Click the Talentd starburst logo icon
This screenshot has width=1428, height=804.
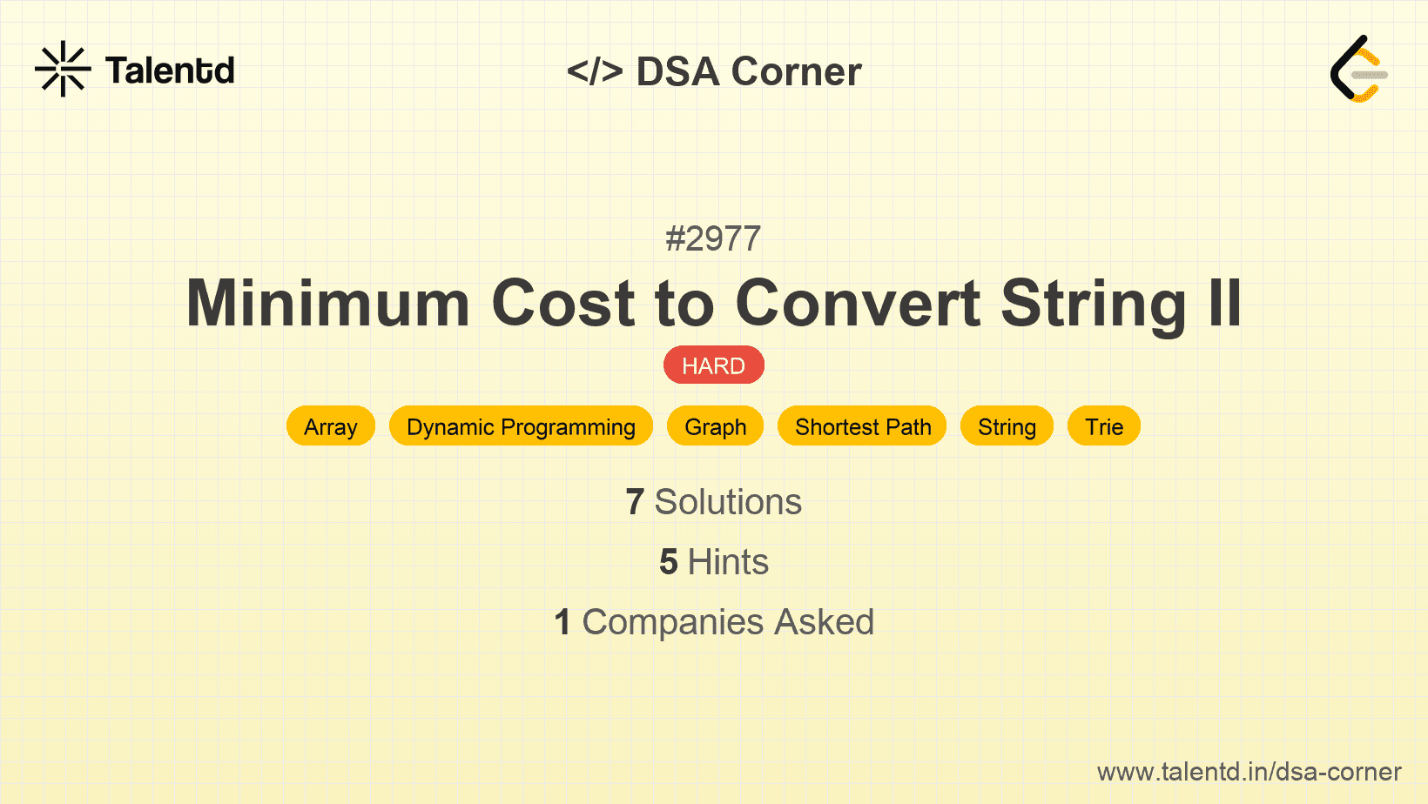(x=63, y=69)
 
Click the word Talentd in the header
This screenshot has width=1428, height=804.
(x=170, y=70)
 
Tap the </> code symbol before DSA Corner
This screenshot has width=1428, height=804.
(x=595, y=71)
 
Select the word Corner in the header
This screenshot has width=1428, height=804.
(x=796, y=71)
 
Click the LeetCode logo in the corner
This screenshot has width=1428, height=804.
(x=1358, y=69)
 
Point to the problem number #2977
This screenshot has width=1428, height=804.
(x=713, y=239)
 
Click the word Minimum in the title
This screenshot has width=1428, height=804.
(x=327, y=303)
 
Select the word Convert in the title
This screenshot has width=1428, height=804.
(x=858, y=303)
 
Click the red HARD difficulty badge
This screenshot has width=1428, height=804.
(x=714, y=365)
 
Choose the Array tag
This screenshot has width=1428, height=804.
(x=330, y=426)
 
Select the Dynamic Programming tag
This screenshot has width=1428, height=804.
(x=521, y=426)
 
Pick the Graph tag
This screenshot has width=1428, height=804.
(x=715, y=426)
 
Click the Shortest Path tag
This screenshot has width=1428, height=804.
(x=863, y=426)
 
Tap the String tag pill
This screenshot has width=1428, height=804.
(x=1007, y=426)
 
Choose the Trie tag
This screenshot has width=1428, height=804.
(x=1104, y=426)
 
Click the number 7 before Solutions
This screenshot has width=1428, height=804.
(x=635, y=502)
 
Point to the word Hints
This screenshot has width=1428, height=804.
(x=728, y=562)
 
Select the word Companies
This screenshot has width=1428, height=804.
(x=673, y=622)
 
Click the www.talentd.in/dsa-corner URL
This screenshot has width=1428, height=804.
(x=1249, y=772)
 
